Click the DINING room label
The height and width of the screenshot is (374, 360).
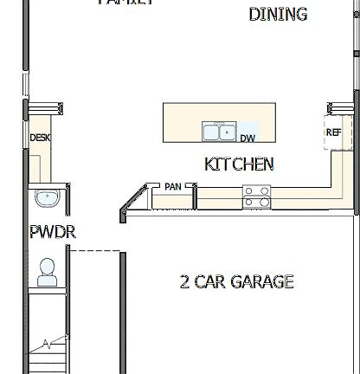(278, 14)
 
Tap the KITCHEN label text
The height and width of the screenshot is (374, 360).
(239, 164)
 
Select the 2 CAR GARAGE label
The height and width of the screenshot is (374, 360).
(236, 281)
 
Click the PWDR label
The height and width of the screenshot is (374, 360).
(53, 232)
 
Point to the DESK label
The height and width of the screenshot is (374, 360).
(40, 138)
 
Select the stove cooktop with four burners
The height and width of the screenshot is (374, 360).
(257, 197)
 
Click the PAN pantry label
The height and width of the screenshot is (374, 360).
(172, 186)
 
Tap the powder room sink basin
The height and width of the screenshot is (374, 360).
(47, 198)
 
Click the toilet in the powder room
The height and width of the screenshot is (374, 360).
(47, 272)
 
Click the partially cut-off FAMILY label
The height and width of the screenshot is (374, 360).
(126, 3)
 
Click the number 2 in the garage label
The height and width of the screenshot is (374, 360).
(184, 281)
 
